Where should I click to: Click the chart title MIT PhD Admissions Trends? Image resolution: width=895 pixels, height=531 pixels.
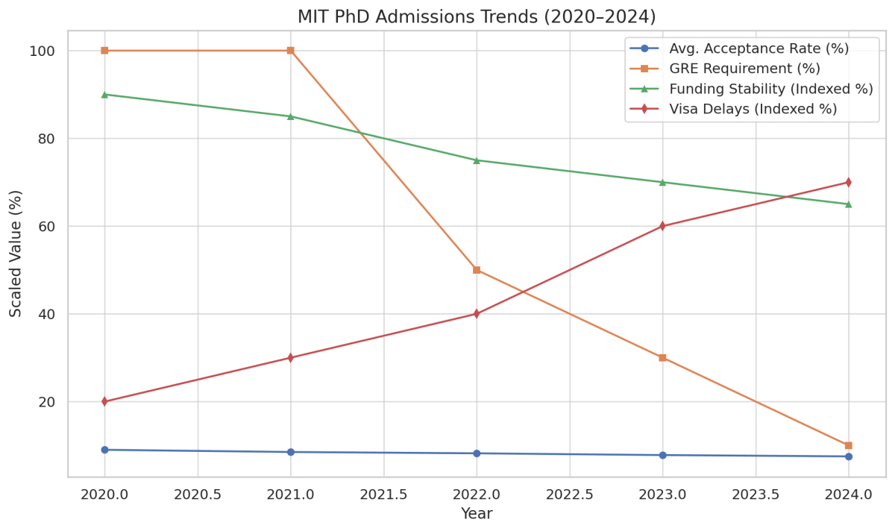pyautogui.click(x=477, y=16)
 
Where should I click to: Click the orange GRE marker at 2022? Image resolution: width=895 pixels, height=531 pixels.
pyautogui.click(x=477, y=270)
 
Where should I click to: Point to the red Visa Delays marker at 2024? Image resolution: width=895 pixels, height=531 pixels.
pyautogui.click(x=848, y=182)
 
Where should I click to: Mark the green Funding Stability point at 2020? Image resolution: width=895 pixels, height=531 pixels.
pyautogui.click(x=104, y=95)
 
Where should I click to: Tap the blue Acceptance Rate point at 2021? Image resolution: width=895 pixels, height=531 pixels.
pyautogui.click(x=290, y=452)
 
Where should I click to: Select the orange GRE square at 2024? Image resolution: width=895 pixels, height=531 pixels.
pyautogui.click(x=848, y=445)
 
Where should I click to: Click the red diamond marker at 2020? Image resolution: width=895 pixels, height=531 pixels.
pyautogui.click(x=104, y=401)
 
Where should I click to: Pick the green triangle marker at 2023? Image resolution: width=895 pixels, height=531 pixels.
pyautogui.click(x=662, y=182)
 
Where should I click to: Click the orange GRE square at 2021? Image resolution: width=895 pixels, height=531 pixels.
pyautogui.click(x=290, y=51)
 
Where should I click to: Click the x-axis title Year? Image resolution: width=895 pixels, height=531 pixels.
pyautogui.click(x=477, y=514)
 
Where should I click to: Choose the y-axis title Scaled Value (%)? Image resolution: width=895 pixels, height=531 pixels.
pyautogui.click(x=16, y=254)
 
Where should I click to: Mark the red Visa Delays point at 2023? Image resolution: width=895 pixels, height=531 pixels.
pyautogui.click(x=662, y=226)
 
